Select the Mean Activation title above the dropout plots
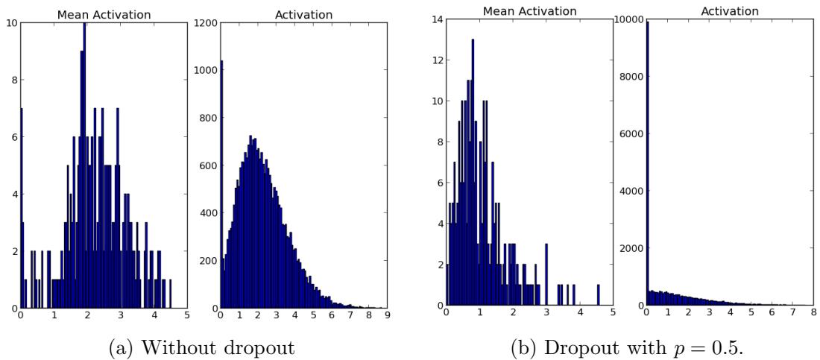tap(529, 11)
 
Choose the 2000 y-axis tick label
tap(628, 250)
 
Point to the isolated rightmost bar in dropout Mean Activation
tap(598, 296)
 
